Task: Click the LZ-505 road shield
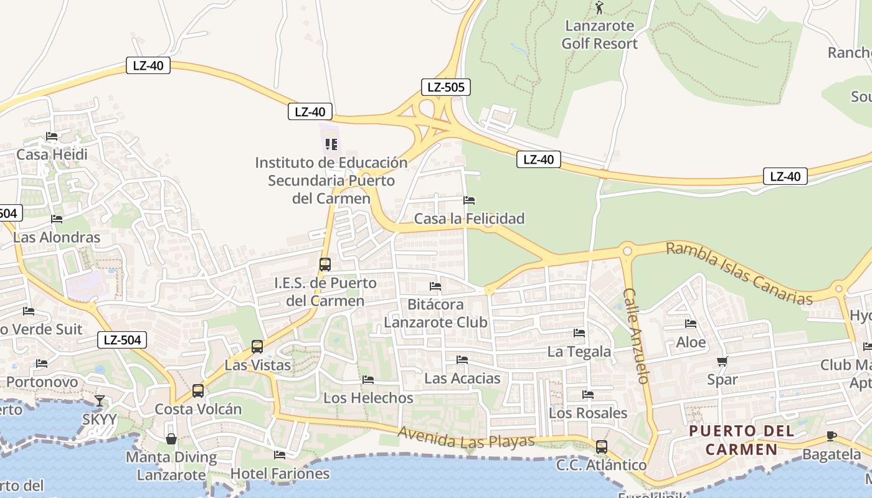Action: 445,87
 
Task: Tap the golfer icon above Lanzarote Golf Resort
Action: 599,8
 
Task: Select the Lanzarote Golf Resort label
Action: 599,35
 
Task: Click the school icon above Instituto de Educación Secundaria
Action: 331,144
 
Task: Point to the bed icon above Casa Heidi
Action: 52,136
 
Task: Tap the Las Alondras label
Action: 57,237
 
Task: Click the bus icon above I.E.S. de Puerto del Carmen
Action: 325,265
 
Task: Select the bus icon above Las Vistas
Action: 257,347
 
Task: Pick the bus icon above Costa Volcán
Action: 198,391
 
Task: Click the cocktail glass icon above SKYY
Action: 100,400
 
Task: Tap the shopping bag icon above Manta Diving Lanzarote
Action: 171,439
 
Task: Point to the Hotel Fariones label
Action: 280,473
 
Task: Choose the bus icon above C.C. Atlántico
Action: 602,446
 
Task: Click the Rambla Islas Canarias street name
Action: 739,274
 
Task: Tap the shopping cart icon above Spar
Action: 723,361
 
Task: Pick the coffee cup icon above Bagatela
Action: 831,436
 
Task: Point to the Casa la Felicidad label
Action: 469,218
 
